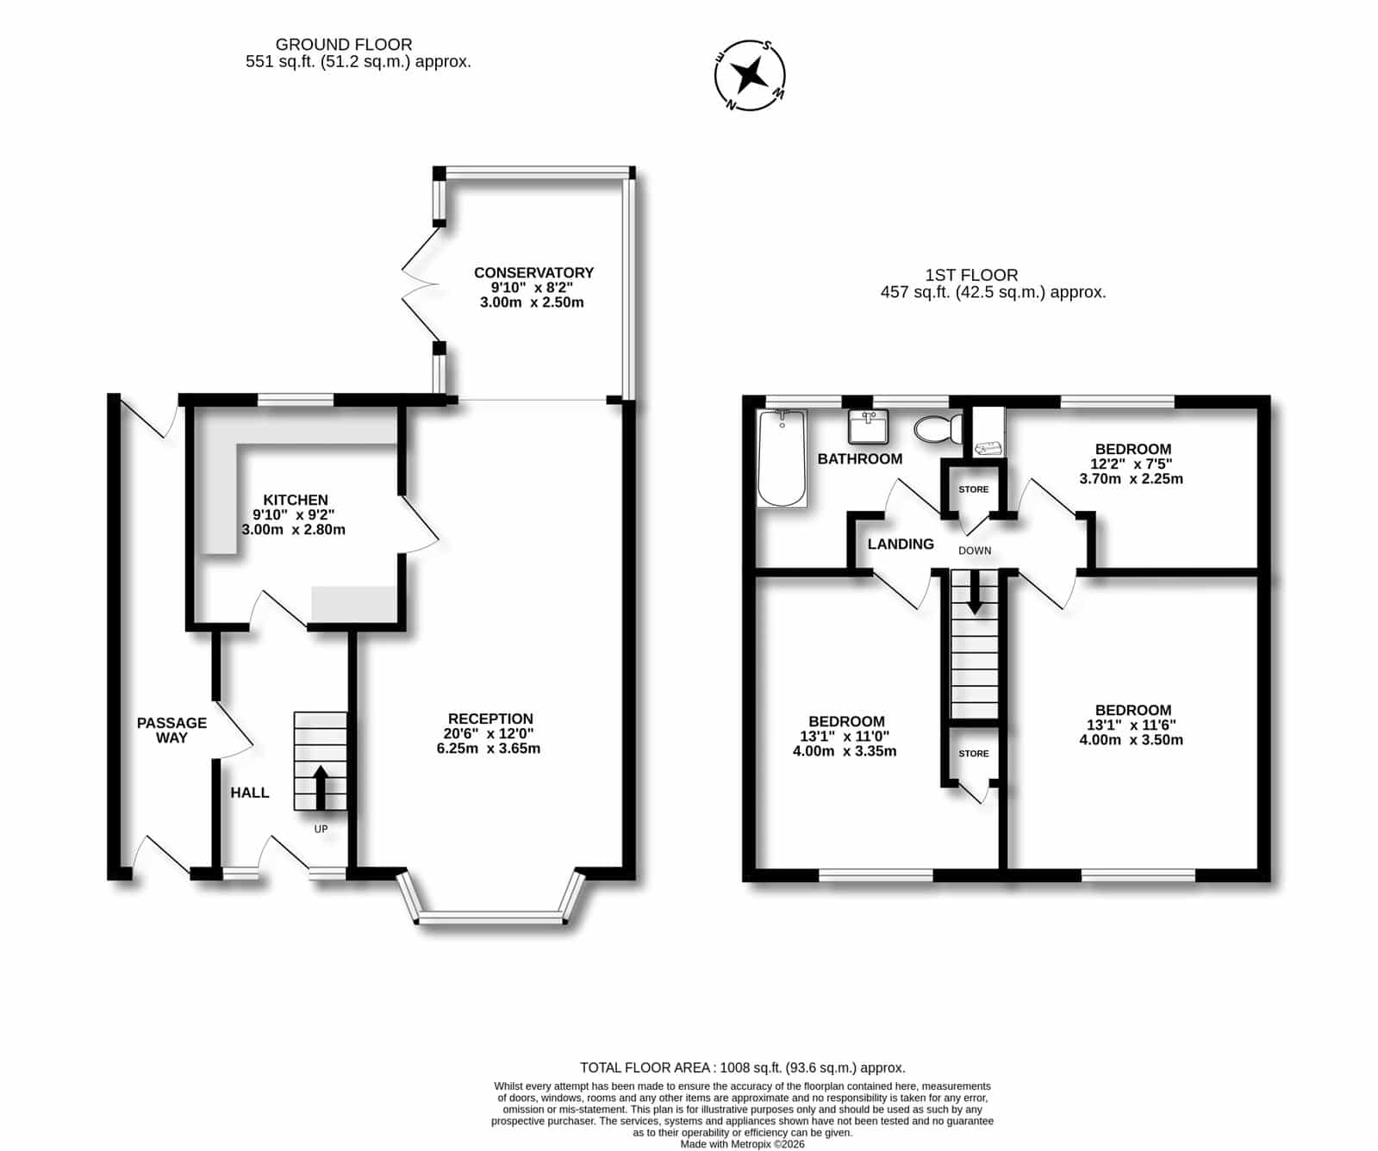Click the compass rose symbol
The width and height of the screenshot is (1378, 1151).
point(751,75)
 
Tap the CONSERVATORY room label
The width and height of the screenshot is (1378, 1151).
point(533,272)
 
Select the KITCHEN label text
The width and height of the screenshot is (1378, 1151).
point(296,500)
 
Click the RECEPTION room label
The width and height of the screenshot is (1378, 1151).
point(490,719)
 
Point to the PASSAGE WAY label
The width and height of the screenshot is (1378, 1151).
point(172,730)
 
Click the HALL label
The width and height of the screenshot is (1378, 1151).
point(250,793)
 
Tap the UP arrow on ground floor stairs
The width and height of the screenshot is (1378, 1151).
point(321,787)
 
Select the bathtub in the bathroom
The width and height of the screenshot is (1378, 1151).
point(783,458)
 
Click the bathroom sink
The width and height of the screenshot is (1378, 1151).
point(868,426)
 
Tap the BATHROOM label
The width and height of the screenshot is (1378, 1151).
point(860,458)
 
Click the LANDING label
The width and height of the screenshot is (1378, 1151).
point(901,544)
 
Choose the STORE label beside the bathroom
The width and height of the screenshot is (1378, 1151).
point(974,489)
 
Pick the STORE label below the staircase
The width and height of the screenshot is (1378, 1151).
point(974,753)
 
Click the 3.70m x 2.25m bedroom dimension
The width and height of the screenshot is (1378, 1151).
point(1132,478)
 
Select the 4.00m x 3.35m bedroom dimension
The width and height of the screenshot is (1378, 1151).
point(845,750)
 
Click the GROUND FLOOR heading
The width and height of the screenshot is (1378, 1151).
point(344,44)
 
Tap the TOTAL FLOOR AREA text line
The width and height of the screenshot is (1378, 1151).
point(743,1067)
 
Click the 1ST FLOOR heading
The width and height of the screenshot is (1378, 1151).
point(971,275)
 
